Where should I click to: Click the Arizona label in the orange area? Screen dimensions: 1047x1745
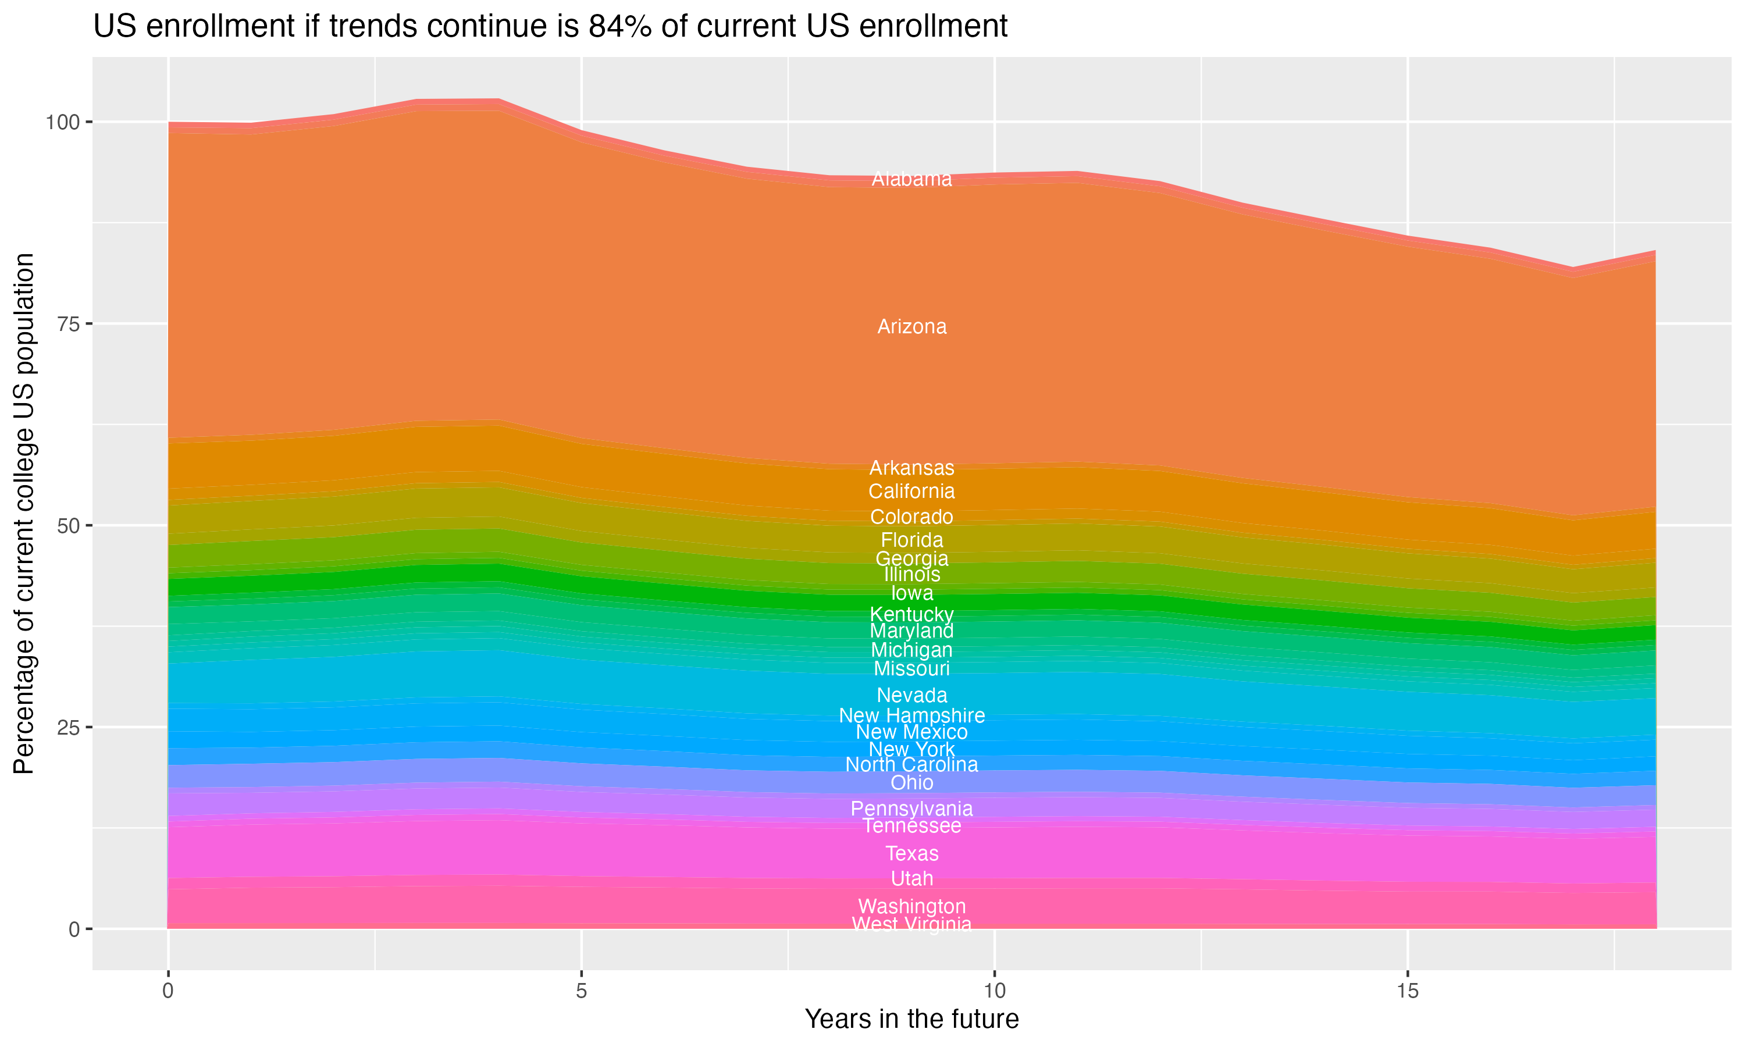911,327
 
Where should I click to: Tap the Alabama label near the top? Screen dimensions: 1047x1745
911,179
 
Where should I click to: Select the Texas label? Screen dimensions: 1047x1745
911,854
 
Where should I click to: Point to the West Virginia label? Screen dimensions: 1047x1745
911,924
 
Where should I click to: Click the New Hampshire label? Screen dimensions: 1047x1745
911,715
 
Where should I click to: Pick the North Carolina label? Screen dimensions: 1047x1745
911,765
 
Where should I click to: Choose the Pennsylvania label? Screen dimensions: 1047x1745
911,809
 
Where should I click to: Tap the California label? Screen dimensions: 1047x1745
911,492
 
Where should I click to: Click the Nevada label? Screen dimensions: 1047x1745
911,696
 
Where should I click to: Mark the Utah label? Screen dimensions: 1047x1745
911,879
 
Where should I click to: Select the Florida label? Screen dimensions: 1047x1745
911,540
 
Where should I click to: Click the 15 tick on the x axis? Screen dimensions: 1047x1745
1407,991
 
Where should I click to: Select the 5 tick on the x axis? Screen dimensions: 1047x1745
581,991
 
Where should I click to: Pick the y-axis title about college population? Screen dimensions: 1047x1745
24,514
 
